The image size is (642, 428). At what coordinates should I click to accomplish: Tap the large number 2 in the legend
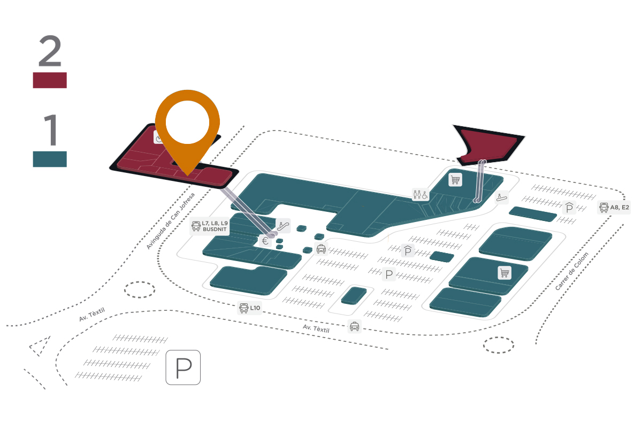click(50, 51)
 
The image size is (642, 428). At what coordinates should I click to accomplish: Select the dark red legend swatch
click(50, 80)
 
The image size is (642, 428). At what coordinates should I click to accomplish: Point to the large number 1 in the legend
click(50, 130)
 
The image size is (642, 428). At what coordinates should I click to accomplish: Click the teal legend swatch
click(50, 159)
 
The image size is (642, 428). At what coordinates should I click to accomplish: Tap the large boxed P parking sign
click(183, 368)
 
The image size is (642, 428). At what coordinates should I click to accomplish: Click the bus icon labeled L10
click(243, 308)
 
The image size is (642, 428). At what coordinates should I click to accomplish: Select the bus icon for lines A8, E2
click(604, 208)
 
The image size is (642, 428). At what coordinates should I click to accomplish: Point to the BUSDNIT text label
click(215, 230)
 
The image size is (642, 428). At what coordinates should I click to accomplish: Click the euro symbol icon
click(265, 241)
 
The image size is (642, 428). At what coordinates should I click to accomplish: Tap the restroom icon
click(420, 195)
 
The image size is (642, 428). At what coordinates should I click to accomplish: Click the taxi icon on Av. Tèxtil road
click(354, 326)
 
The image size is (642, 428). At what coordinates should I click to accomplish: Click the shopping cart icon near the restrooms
click(455, 180)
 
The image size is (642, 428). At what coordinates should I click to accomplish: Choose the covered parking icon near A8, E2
click(569, 208)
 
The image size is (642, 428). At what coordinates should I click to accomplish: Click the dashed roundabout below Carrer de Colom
click(499, 345)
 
